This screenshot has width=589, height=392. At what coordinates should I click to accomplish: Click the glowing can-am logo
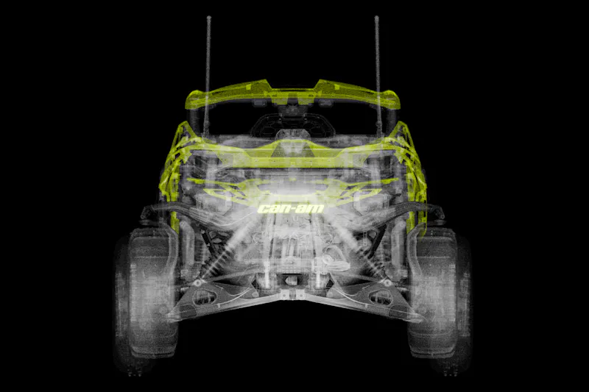291,209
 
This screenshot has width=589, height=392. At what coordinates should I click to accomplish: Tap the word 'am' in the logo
311,209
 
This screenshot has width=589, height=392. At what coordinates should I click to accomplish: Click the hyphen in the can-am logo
294,210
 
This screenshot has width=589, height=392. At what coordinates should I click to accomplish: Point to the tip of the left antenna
209,17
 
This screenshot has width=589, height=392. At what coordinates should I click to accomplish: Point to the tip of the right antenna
376,17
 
